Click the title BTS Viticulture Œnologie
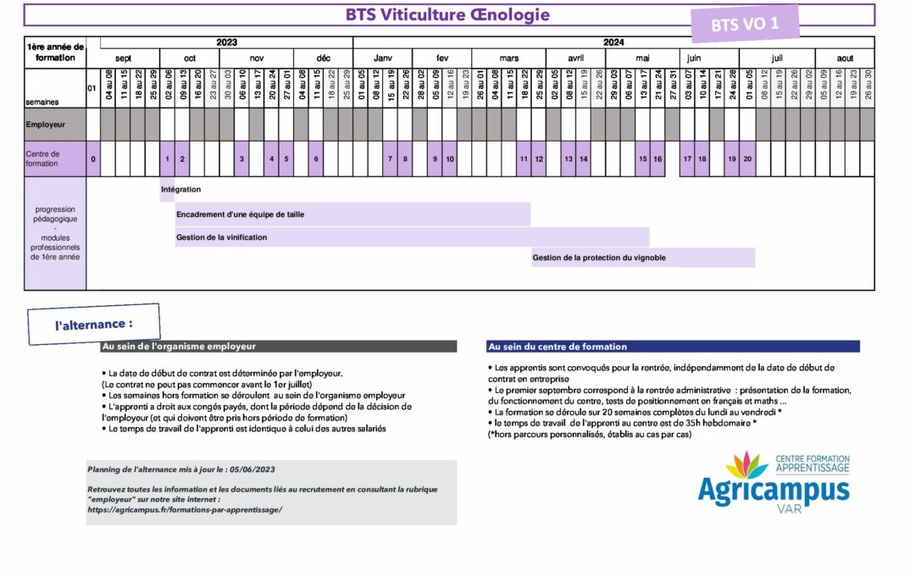tap(447, 15)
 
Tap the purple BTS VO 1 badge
tap(746, 25)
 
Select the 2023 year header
tap(227, 42)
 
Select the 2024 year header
tap(613, 42)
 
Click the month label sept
tap(124, 58)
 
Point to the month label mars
tap(509, 58)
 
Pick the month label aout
tap(845, 58)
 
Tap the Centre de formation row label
tap(42, 158)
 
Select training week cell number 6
tap(316, 159)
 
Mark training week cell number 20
tap(747, 159)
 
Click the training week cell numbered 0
tap(92, 159)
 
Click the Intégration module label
tap(181, 190)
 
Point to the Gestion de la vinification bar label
tap(222, 237)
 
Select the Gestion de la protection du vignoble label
tap(599, 258)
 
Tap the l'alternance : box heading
tap(94, 324)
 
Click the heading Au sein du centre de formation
tap(557, 347)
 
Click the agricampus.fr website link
tap(185, 509)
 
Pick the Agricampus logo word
tap(772, 490)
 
